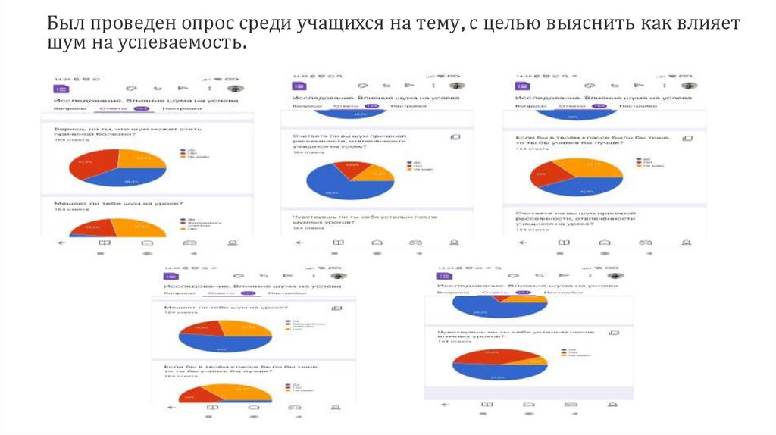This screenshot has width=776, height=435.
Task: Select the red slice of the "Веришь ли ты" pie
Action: [x=89, y=166]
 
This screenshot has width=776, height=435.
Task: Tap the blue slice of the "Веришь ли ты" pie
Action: [x=129, y=181]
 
